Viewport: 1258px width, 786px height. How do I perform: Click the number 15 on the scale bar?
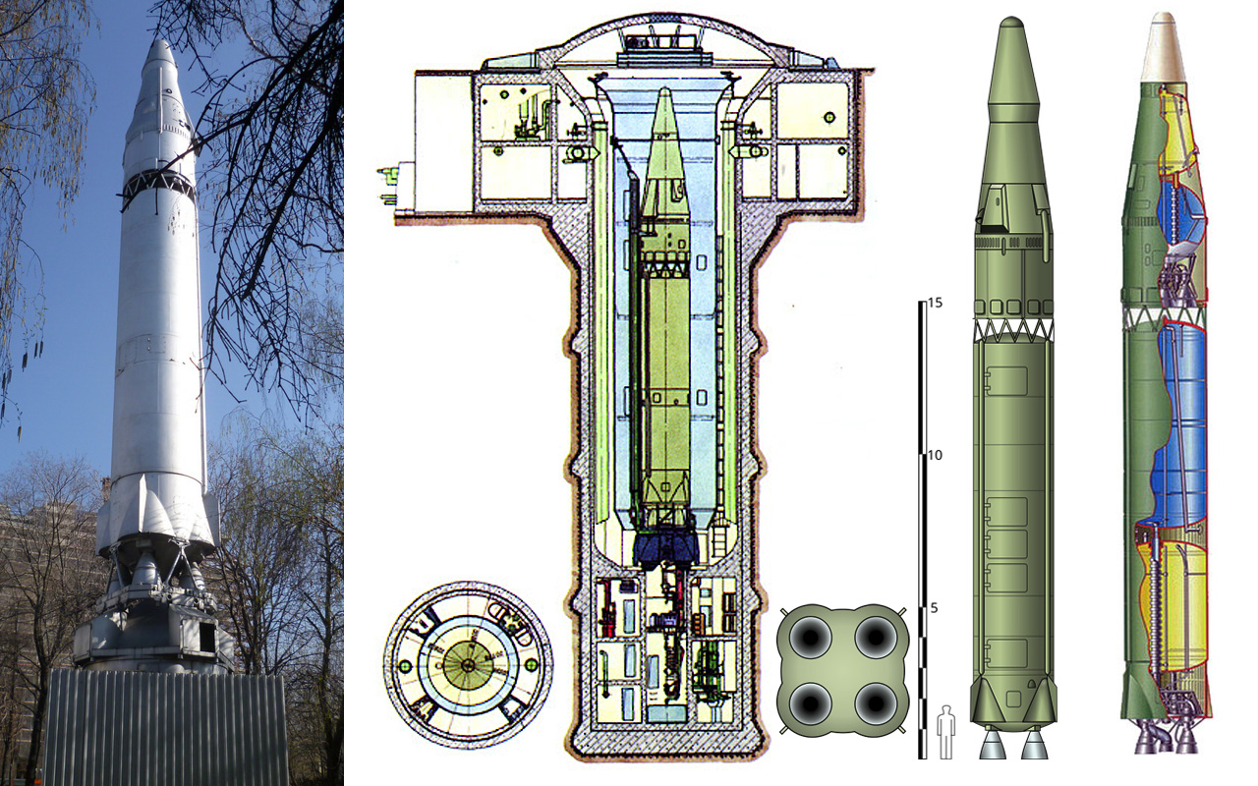tap(935, 304)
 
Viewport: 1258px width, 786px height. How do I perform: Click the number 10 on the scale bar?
tap(935, 455)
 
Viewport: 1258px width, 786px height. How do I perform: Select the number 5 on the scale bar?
tap(934, 608)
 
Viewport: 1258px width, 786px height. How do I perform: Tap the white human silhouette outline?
tap(945, 732)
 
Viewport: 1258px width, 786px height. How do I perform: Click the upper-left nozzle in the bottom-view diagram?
tap(811, 639)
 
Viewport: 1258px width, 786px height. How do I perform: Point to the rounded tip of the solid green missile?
tap(1012, 23)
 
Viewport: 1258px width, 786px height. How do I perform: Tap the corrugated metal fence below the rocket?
tap(166, 728)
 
